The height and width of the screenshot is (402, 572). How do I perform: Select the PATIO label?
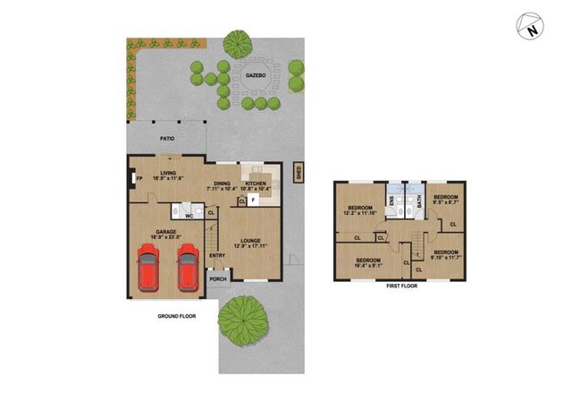click(167, 140)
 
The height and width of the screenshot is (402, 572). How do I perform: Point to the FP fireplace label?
click(139, 178)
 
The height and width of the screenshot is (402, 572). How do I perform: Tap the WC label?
click(189, 215)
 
